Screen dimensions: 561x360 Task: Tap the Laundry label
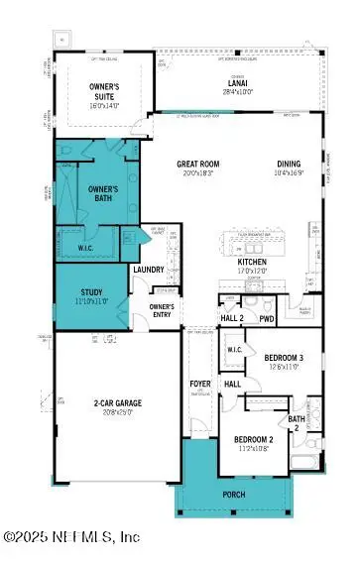coord(148,270)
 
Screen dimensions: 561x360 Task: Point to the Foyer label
coord(201,384)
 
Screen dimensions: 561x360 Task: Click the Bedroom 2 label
coord(253,438)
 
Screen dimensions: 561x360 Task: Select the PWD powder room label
coord(267,318)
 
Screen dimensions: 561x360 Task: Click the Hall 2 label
coord(231,318)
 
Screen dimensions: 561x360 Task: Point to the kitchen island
coord(255,247)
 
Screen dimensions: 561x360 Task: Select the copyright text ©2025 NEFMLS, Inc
coord(72,536)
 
